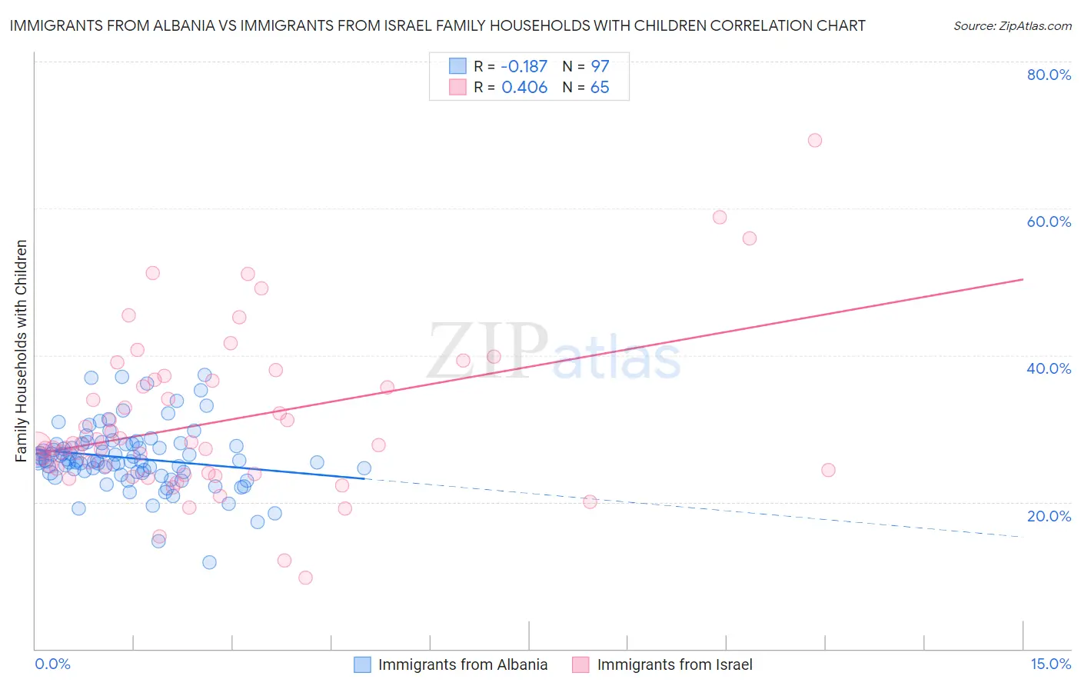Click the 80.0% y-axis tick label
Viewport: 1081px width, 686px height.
coord(1049,75)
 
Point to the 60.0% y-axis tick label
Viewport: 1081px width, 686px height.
coord(1049,221)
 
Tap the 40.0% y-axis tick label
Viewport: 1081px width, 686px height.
coord(1049,368)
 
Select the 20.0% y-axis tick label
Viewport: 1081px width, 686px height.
coord(1049,516)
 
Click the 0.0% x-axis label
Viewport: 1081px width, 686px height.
coord(52,664)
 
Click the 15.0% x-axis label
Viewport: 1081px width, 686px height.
coord(1050,664)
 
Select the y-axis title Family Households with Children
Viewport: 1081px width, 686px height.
coord(21,351)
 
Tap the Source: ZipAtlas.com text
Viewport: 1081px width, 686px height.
coord(1012,25)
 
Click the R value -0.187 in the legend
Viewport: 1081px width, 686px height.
coord(524,66)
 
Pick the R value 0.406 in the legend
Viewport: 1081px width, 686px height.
coord(524,88)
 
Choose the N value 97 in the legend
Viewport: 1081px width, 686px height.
coord(600,66)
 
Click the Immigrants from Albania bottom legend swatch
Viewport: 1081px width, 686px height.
coord(362,664)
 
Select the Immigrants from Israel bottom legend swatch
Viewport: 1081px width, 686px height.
coord(580,664)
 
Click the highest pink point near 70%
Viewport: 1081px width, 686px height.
coord(815,140)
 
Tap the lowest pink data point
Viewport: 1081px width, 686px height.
coord(305,578)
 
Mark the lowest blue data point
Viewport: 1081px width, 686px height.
coord(209,562)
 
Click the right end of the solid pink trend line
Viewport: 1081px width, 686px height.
coord(1023,279)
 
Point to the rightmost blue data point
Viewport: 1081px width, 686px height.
coord(364,468)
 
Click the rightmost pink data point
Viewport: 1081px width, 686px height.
coord(828,470)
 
